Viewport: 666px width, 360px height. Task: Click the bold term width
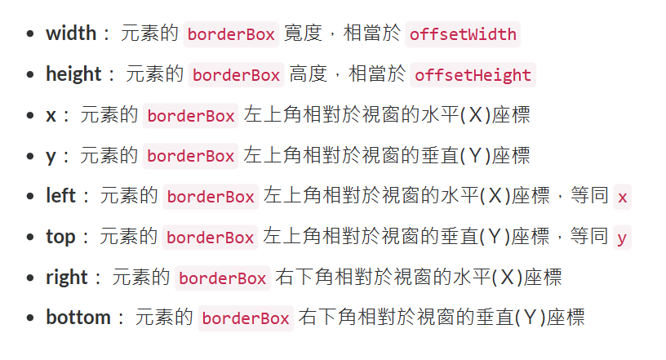tap(72, 33)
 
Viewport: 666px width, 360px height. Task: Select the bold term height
tap(74, 74)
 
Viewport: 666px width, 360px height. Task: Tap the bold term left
tap(60, 196)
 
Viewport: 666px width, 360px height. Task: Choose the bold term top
tap(60, 237)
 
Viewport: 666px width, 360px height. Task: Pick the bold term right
tap(66, 278)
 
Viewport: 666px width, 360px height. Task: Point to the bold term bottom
tap(78, 318)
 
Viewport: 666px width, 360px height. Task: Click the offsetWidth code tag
tap(463, 34)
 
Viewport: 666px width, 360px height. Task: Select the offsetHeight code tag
tap(473, 75)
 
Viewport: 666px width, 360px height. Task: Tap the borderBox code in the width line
tap(232, 34)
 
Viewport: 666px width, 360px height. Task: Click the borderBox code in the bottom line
tap(246, 318)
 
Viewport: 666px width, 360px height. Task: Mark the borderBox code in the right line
tap(223, 278)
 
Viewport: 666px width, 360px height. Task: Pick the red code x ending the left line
tap(623, 197)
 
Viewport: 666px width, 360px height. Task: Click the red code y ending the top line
tap(622, 238)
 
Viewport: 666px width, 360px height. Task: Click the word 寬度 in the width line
tap(303, 33)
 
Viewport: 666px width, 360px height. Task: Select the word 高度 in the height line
tap(309, 74)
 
